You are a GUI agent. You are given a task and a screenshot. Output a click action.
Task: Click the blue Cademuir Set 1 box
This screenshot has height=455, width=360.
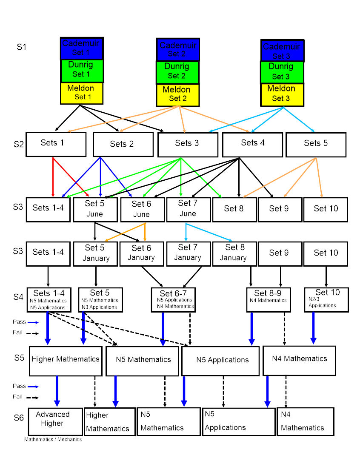point(82,48)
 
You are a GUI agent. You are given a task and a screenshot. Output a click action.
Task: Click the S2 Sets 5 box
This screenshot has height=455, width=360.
point(316,144)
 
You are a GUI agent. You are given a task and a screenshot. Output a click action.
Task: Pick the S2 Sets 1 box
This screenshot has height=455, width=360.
point(56,144)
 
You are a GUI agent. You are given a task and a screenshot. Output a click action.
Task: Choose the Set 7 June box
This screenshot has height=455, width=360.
point(188,209)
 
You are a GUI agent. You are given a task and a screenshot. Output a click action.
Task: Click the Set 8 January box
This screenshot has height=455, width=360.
point(233,253)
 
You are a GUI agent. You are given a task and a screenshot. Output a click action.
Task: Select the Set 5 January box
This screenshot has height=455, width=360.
point(95,253)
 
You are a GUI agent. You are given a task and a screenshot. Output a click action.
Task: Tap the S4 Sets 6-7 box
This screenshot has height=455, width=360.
point(173,300)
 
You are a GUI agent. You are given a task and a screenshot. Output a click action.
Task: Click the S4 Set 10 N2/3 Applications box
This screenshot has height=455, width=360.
point(326,299)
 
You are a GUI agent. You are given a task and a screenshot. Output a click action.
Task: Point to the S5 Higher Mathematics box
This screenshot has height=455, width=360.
point(66,360)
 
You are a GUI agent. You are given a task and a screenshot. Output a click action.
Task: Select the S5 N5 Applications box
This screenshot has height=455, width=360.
point(220,361)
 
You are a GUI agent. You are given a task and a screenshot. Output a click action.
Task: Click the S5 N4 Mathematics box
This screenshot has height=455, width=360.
point(299,360)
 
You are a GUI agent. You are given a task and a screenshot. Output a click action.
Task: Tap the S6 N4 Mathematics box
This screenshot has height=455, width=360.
point(305,421)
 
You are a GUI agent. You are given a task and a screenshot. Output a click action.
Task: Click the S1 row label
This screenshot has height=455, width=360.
point(21,47)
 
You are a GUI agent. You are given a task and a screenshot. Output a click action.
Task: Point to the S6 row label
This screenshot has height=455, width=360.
point(19,418)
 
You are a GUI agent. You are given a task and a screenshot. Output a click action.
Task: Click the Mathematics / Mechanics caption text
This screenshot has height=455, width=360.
point(53,439)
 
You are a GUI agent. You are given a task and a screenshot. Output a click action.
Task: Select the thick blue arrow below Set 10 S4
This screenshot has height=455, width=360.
point(314,328)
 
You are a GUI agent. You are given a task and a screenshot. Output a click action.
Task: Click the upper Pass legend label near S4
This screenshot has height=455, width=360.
point(19,322)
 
